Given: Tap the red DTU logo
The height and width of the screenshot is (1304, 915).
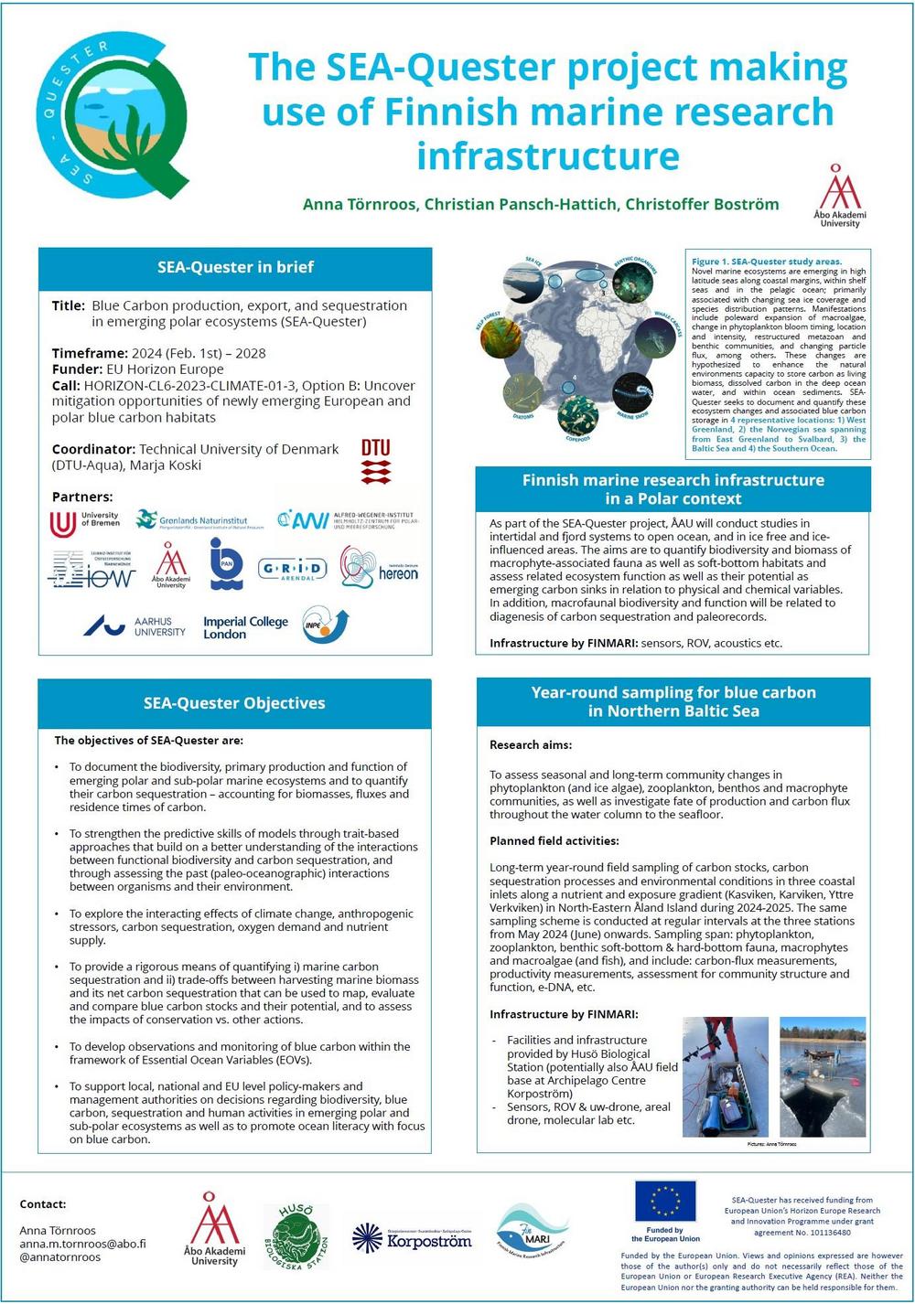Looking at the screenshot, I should tap(375, 462).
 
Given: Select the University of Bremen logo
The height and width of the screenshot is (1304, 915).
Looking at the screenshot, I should tap(85, 522).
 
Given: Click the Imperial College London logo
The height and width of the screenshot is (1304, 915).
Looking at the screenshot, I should tap(245, 627).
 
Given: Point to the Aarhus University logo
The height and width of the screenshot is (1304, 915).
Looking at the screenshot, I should tap(135, 626).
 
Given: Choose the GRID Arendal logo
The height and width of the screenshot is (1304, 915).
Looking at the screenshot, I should tap(292, 570).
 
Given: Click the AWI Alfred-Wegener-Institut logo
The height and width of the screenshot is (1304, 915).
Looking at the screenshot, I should tap(349, 520).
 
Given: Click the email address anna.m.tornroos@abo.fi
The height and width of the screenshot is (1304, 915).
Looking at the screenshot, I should tap(82, 1244).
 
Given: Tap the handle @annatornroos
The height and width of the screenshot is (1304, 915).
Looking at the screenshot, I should tap(60, 1256).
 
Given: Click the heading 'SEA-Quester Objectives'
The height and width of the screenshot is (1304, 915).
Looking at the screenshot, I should tap(234, 703).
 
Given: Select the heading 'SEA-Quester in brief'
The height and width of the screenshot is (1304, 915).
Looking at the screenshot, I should tap(235, 267).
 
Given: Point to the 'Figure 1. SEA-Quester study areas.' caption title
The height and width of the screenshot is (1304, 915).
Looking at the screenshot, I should tap(767, 262).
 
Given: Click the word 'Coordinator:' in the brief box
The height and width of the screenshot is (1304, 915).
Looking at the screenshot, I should tap(93, 449).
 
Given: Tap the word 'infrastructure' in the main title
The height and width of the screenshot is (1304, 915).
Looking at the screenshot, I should tap(548, 155).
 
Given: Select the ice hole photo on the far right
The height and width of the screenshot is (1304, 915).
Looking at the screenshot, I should tap(822, 1077).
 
